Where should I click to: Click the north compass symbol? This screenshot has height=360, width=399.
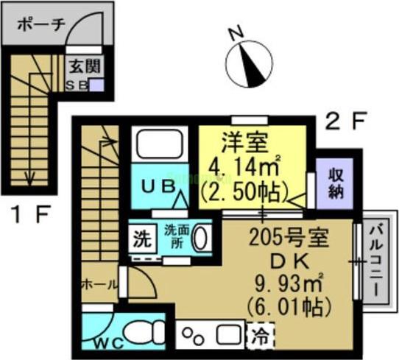pos(248,65)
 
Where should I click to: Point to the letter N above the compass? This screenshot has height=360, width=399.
pos(235,33)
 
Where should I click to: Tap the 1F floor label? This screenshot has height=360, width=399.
pos(30,216)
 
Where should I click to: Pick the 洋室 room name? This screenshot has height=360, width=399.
pos(240,139)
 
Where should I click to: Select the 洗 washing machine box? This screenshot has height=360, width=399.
pos(140,239)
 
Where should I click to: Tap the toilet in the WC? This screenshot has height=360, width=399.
pos(140,331)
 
